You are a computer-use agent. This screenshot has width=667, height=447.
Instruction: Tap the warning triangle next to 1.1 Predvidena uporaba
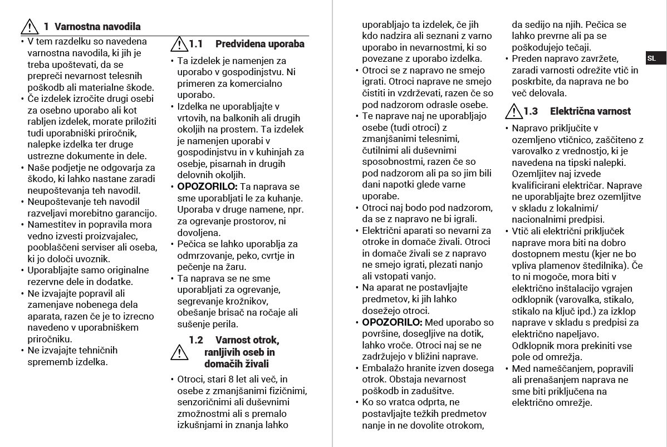click(x=179, y=43)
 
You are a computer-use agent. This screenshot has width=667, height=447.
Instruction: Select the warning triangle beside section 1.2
click(x=179, y=352)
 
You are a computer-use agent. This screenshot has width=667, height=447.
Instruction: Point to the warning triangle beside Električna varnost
click(x=514, y=111)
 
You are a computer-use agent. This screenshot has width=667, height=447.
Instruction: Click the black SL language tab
click(x=651, y=58)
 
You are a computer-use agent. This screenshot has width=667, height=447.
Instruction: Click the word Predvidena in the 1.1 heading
click(x=240, y=44)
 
